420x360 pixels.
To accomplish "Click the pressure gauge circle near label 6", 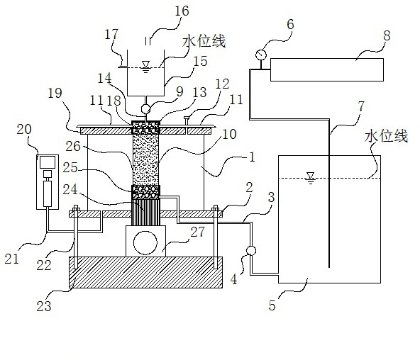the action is [x=261, y=55].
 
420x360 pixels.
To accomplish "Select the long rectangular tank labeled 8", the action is [x=327, y=69].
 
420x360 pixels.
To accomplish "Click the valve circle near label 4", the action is [x=251, y=251].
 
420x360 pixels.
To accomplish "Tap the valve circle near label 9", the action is [x=145, y=108].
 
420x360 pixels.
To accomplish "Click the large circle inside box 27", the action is [x=145, y=243].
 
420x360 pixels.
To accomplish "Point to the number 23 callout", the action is [x=44, y=306].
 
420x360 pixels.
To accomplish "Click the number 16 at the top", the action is [x=182, y=11].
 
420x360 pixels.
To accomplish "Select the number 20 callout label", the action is [x=24, y=130].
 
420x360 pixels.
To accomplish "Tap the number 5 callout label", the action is [x=272, y=305].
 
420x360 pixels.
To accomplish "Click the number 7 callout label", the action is [x=361, y=106].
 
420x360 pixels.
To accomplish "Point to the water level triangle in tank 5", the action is [x=311, y=176].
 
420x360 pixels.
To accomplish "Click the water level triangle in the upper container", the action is [x=145, y=66].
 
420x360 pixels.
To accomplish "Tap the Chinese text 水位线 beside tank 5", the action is [x=386, y=136].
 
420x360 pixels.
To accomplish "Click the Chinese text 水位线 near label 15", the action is [x=204, y=41].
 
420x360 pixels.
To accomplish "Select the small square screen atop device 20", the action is [x=48, y=162].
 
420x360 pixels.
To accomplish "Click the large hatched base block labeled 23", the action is [x=145, y=272].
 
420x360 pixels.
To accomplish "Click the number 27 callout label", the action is [x=197, y=232].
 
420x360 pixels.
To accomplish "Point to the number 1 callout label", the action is [x=252, y=157].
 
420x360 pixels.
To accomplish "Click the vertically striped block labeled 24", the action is [x=145, y=212].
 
